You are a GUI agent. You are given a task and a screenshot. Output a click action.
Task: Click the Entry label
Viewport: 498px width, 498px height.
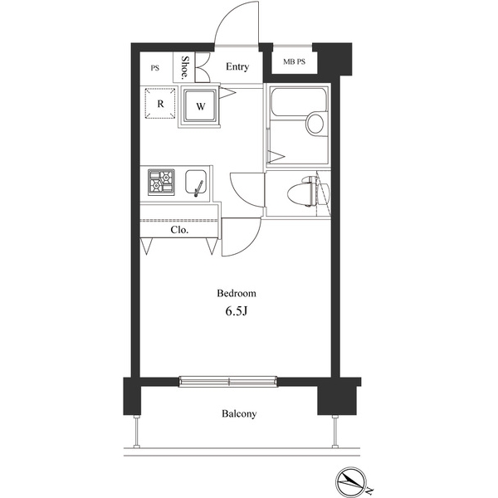coord(237,66)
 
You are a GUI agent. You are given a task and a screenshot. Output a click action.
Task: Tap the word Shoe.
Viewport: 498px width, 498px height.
coord(184,67)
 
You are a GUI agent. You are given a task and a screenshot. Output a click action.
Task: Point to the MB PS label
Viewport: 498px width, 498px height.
coord(294,61)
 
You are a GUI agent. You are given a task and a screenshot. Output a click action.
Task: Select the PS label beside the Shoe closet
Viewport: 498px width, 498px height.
coord(155,68)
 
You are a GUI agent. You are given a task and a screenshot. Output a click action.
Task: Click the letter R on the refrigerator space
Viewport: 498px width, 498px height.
coord(160,104)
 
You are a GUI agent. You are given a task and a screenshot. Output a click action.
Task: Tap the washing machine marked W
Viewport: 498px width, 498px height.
coord(200,106)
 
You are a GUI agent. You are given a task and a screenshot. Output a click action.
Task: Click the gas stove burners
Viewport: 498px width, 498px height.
coord(161,182)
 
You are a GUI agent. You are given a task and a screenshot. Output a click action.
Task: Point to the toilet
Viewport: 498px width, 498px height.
coord(307,192)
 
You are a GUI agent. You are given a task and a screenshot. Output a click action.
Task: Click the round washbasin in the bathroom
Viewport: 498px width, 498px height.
coord(315,123)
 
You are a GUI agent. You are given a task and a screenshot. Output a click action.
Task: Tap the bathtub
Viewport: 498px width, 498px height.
coord(298,101)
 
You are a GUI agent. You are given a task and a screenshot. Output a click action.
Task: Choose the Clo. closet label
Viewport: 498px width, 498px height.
coord(179,230)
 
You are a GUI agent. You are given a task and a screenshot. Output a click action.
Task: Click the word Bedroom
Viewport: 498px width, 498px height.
coord(237,293)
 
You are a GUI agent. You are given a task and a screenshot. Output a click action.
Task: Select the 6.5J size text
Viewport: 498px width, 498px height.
coord(237,311)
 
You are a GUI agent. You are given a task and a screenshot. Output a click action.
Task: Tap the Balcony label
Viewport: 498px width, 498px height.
coord(239,413)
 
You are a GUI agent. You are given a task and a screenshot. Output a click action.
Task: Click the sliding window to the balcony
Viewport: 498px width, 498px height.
coord(228,381)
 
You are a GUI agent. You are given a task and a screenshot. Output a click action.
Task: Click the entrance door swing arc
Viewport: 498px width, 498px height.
coord(227,15)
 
